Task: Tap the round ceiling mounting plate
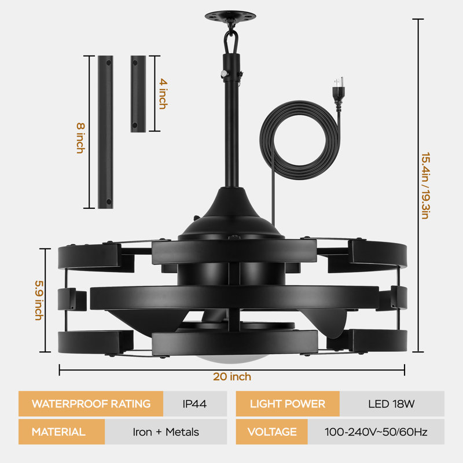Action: pos(230,16)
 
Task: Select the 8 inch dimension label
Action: pos(80,138)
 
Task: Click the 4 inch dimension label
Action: pos(163,94)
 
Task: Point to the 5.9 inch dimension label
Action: pos(39,300)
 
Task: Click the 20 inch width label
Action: pos(232,377)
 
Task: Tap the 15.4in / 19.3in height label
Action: pos(425,186)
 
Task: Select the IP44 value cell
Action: pos(195,403)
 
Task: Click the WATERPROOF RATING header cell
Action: pos(91,403)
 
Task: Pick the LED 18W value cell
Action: pos(392,403)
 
